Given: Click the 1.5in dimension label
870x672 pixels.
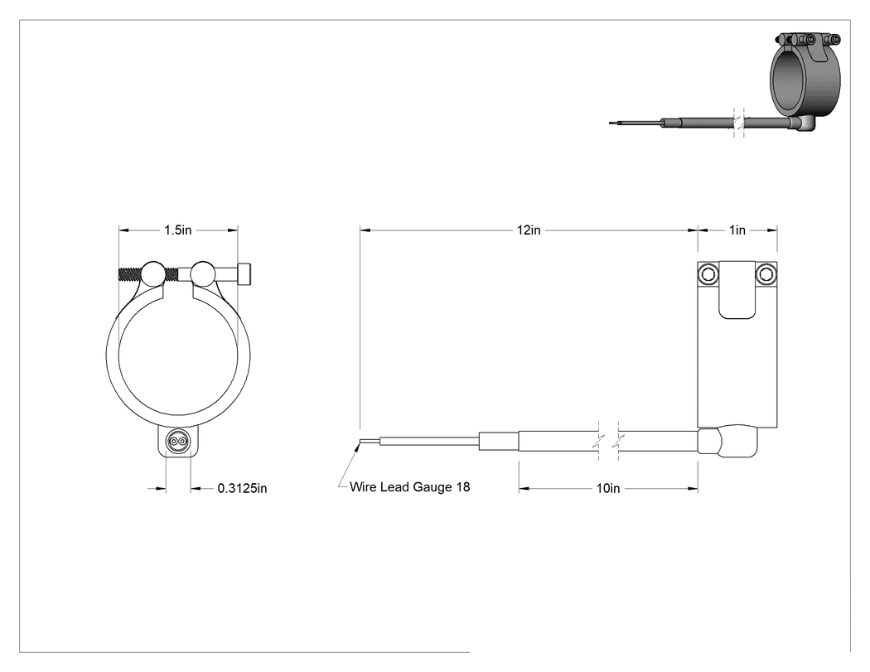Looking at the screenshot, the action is pyautogui.click(x=177, y=230).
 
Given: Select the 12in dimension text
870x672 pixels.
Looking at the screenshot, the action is pyautogui.click(x=529, y=230).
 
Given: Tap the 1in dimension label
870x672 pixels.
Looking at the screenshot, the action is pyautogui.click(x=737, y=230).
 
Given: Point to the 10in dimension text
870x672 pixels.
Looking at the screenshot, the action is pyautogui.click(x=608, y=488).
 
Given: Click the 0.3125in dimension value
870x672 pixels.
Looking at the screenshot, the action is pyautogui.click(x=242, y=488).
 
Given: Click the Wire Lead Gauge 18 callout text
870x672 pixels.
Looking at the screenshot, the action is pyautogui.click(x=409, y=486).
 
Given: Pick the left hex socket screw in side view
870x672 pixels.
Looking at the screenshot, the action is pyautogui.click(x=708, y=273).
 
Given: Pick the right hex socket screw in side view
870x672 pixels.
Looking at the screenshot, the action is pyautogui.click(x=766, y=273).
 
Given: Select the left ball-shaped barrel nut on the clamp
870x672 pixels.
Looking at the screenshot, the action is pyautogui.click(x=153, y=273).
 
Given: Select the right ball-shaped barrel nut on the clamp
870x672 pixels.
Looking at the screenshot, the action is pyautogui.click(x=203, y=273).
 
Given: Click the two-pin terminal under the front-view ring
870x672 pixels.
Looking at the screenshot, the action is pyautogui.click(x=178, y=442).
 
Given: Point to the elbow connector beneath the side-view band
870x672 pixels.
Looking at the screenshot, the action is pyautogui.click(x=727, y=442).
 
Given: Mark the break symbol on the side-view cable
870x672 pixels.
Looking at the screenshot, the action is pyautogui.click(x=609, y=442).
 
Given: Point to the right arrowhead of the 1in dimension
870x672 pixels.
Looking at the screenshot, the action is pyautogui.click(x=771, y=230).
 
